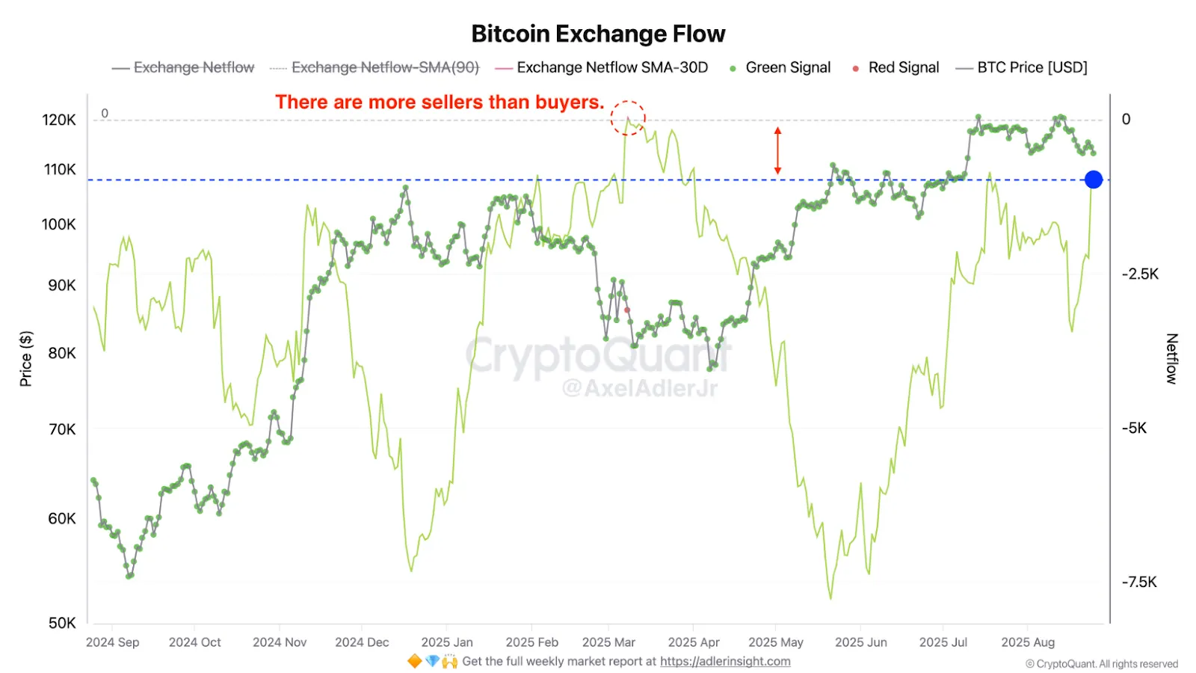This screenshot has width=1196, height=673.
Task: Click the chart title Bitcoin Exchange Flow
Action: click(598, 34)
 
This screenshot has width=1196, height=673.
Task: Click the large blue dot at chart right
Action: click(1094, 179)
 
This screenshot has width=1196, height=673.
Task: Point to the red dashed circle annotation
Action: click(628, 118)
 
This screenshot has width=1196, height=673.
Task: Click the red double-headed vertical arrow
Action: click(777, 150)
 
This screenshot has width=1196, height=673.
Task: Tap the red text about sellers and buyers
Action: click(439, 102)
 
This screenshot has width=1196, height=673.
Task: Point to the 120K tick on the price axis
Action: click(59, 120)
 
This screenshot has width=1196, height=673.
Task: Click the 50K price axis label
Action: click(61, 623)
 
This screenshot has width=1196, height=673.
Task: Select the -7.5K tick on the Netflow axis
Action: click(1139, 582)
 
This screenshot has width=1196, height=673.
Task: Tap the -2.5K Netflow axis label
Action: click(1140, 274)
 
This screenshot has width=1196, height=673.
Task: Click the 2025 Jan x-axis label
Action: click(446, 642)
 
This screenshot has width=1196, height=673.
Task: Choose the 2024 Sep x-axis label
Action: click(112, 642)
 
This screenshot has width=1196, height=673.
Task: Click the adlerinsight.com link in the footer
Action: click(725, 662)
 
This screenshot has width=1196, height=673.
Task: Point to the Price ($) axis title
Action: click(26, 359)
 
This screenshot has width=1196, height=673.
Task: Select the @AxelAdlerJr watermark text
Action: click(639, 388)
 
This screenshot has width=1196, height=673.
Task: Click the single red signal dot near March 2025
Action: click(627, 310)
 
